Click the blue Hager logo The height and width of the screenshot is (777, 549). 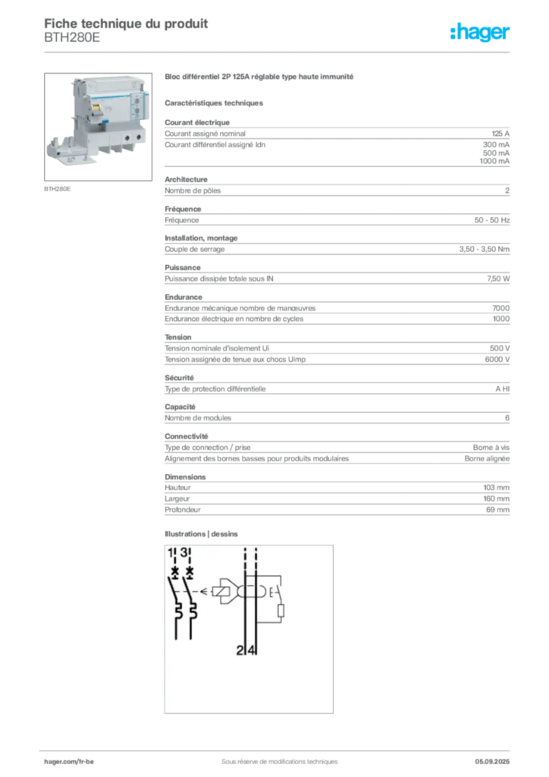[482, 33]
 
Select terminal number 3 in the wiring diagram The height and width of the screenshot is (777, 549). [184, 552]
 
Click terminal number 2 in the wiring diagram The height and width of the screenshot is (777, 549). [240, 650]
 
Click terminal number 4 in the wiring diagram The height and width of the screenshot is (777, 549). [252, 650]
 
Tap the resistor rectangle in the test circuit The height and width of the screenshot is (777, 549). [281, 612]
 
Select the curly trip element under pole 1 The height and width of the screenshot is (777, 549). [177, 610]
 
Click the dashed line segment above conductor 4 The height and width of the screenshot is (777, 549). [256, 558]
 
